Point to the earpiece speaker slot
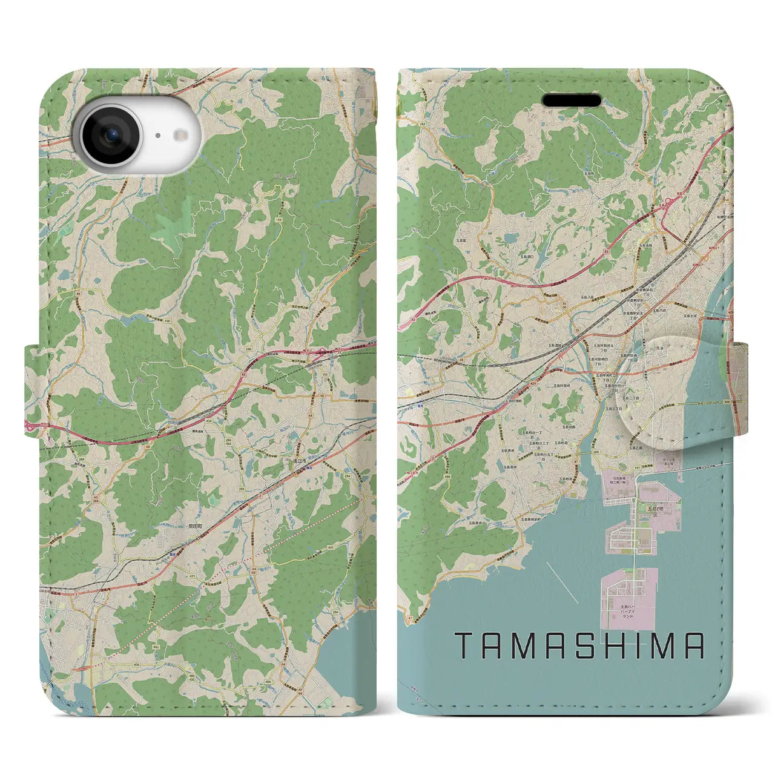coord(572,100)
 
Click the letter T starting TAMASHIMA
coord(464,646)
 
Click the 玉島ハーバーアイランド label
coord(630,610)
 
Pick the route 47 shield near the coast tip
coord(410,617)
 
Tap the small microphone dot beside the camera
coord(156,136)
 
